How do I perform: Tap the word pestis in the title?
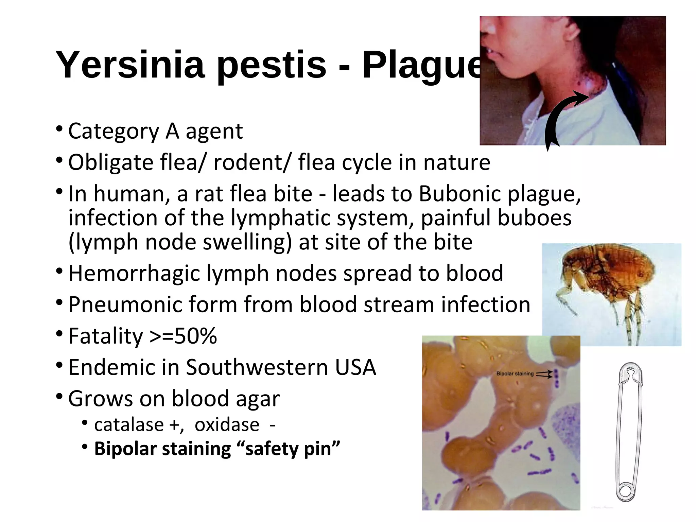[x=271, y=65]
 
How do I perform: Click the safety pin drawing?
[x=630, y=432]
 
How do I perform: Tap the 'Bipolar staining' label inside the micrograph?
[x=515, y=374]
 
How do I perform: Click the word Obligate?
[x=111, y=162]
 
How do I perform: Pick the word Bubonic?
[x=459, y=194]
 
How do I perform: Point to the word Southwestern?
[x=257, y=367]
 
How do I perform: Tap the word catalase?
[x=129, y=425]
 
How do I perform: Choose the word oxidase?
[x=227, y=425]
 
